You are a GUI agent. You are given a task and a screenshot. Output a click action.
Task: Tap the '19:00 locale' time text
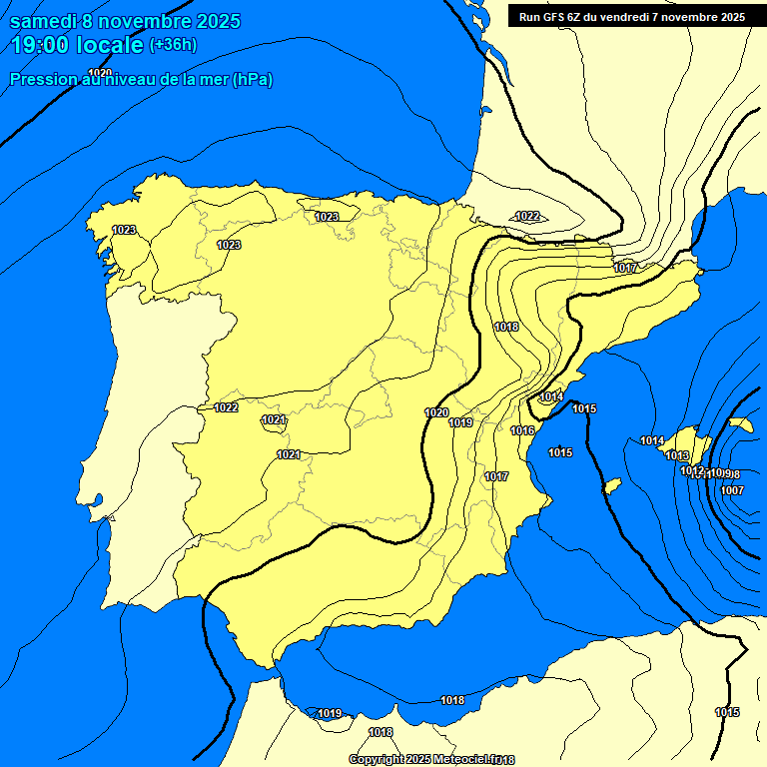[x=77, y=44]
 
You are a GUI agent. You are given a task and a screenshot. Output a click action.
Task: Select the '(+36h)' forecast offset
[x=173, y=44]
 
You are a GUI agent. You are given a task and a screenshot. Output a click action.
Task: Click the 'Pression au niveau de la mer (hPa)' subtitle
[x=141, y=79]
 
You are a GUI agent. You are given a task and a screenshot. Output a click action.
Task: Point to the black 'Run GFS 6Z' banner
[x=632, y=16]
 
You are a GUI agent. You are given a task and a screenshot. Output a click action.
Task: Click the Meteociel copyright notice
[x=431, y=760]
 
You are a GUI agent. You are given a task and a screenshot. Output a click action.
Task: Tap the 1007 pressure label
[x=732, y=490]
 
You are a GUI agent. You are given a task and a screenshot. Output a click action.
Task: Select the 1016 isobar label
[x=522, y=430]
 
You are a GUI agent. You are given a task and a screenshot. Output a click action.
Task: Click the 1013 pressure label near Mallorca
[x=677, y=455]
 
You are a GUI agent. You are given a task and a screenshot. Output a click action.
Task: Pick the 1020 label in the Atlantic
[x=100, y=73]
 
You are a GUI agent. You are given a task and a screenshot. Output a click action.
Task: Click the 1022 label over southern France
[x=527, y=216]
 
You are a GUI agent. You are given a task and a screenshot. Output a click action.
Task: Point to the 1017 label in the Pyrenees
[x=625, y=268]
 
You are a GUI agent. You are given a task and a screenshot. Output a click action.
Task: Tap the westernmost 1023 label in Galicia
[x=124, y=230]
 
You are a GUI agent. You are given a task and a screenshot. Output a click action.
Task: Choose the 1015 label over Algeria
[x=727, y=712]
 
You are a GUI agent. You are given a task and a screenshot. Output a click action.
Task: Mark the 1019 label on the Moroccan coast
[x=330, y=713]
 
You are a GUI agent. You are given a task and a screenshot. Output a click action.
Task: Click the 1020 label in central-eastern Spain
[x=436, y=412]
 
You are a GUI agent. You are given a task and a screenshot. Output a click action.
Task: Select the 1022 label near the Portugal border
[x=226, y=406]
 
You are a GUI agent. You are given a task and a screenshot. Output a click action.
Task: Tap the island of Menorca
[x=740, y=423]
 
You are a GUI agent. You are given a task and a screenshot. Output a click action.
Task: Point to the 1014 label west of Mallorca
[x=652, y=440]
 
